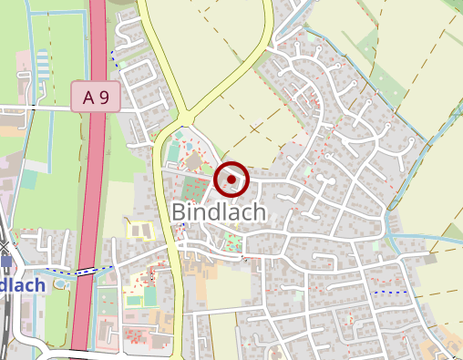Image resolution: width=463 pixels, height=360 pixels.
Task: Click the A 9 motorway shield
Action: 96,97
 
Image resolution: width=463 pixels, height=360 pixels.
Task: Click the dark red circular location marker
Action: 232,180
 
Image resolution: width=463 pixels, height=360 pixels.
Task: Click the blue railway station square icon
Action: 7,262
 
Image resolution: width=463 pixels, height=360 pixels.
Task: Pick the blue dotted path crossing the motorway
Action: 87,271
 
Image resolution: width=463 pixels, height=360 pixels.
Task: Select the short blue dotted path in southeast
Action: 390,292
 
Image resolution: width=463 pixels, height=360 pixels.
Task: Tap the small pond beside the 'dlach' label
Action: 60,283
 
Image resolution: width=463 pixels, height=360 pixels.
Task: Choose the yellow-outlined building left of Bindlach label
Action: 139,229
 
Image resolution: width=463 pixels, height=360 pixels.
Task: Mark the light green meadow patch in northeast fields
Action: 383,87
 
